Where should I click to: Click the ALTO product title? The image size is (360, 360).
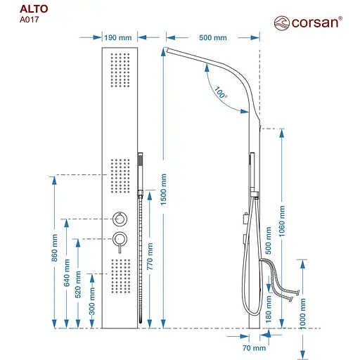tap(34, 9)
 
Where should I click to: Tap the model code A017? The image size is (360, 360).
tap(30, 20)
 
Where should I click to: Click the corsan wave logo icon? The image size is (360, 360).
tap(282, 23)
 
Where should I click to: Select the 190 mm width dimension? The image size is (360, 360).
tap(118, 38)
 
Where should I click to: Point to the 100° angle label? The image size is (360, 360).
tap(221, 93)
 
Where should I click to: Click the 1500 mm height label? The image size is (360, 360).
tap(164, 190)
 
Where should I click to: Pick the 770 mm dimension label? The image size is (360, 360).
tap(150, 256)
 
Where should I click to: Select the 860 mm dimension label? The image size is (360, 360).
tap(54, 247)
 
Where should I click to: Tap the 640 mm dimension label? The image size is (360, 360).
tap(67, 273)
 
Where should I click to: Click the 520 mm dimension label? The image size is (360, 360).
tap(78, 285)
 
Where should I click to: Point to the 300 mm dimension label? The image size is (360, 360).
tap(92, 302)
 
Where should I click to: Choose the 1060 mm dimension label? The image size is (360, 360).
tap(282, 221)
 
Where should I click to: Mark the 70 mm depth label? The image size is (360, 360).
tap(255, 348)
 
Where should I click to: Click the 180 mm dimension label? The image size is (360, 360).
tap(269, 309)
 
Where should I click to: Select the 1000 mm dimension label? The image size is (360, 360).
tap(303, 314)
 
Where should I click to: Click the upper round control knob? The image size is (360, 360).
tap(120, 219)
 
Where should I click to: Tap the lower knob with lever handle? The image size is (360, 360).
tap(120, 243)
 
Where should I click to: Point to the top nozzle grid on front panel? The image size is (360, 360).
tap(120, 70)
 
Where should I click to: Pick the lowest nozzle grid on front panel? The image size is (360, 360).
tap(121, 276)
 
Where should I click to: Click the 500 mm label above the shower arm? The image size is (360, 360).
tap(213, 38)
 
